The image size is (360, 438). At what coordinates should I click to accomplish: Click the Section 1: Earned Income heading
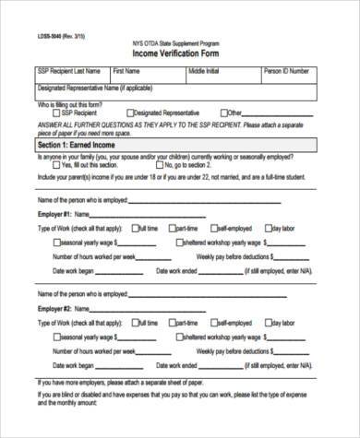78,145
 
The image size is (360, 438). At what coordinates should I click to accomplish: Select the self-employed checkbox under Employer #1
214,226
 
